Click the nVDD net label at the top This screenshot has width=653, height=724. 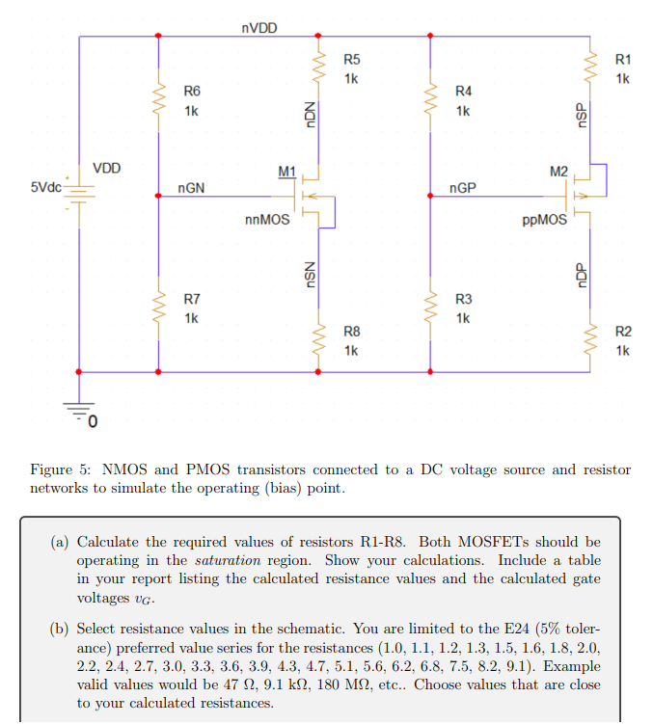click(x=258, y=28)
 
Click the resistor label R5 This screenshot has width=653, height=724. click(x=352, y=61)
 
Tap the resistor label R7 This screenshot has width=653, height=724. click(x=192, y=300)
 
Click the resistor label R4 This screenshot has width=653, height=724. click(x=463, y=92)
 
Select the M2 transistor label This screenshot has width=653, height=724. click(x=558, y=172)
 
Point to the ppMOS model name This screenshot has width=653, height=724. click(x=544, y=220)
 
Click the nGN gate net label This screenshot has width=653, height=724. click(x=191, y=187)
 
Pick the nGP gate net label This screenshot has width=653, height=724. click(x=462, y=187)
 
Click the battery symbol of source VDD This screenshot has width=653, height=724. click(x=80, y=193)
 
